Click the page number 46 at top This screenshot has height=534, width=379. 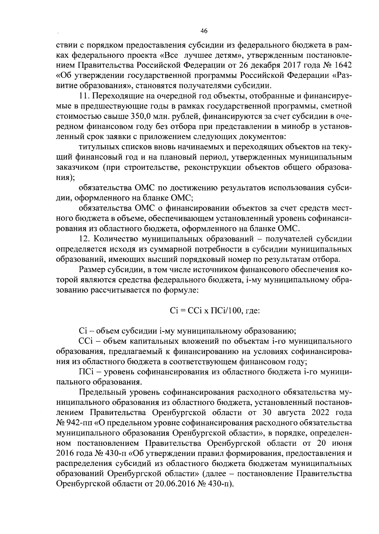[x=204, y=31]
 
